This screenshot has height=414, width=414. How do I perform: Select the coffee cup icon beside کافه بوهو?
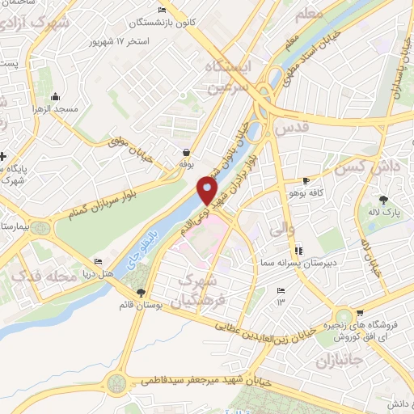click(x=305, y=180)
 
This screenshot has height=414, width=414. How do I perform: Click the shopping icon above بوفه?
click(x=187, y=151)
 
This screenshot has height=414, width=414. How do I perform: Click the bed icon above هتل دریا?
click(x=98, y=262)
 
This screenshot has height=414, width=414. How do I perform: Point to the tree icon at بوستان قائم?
click(x=142, y=292)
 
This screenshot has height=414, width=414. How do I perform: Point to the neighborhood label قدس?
click(x=292, y=128)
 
